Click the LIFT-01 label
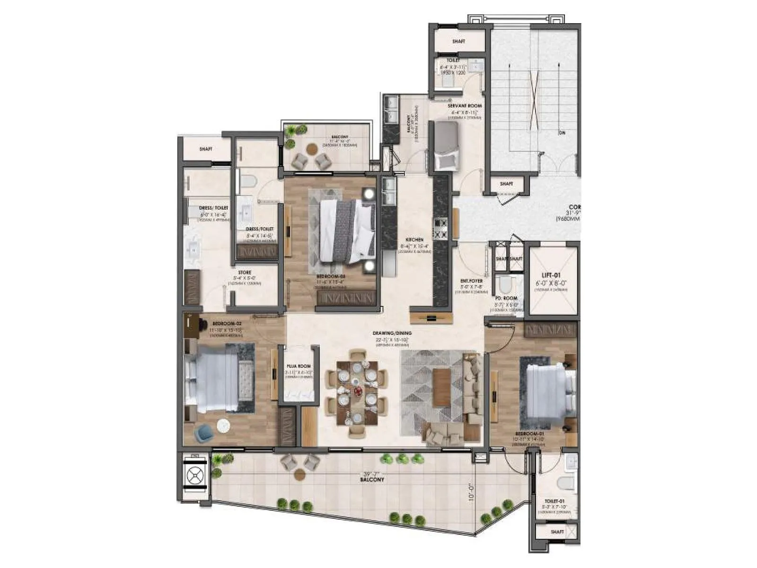coord(551,275)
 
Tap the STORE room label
coord(245,272)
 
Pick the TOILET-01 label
coord(554,501)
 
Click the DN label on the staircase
coord(562,133)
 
